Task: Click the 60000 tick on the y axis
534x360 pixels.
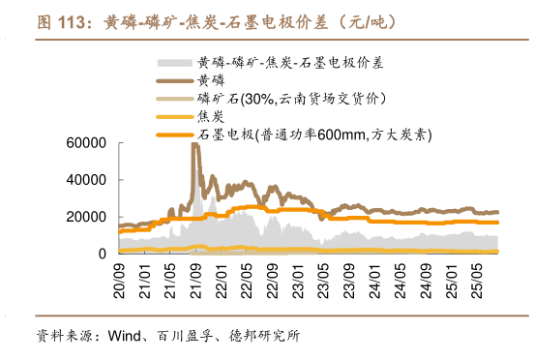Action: click(85, 143)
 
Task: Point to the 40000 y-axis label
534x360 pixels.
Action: click(85, 180)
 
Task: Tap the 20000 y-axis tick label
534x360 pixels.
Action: click(85, 217)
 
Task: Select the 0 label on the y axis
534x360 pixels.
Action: click(101, 254)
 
